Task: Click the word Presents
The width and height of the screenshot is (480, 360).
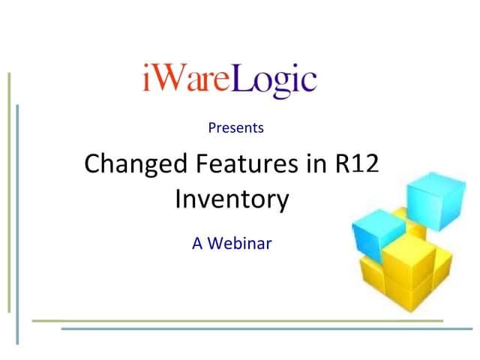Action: click(x=235, y=127)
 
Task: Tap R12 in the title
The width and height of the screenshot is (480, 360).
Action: click(x=358, y=163)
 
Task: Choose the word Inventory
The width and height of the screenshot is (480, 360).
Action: click(x=232, y=199)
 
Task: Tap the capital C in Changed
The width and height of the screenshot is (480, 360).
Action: click(x=93, y=163)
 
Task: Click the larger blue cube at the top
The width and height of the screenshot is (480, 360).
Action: click(x=430, y=197)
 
